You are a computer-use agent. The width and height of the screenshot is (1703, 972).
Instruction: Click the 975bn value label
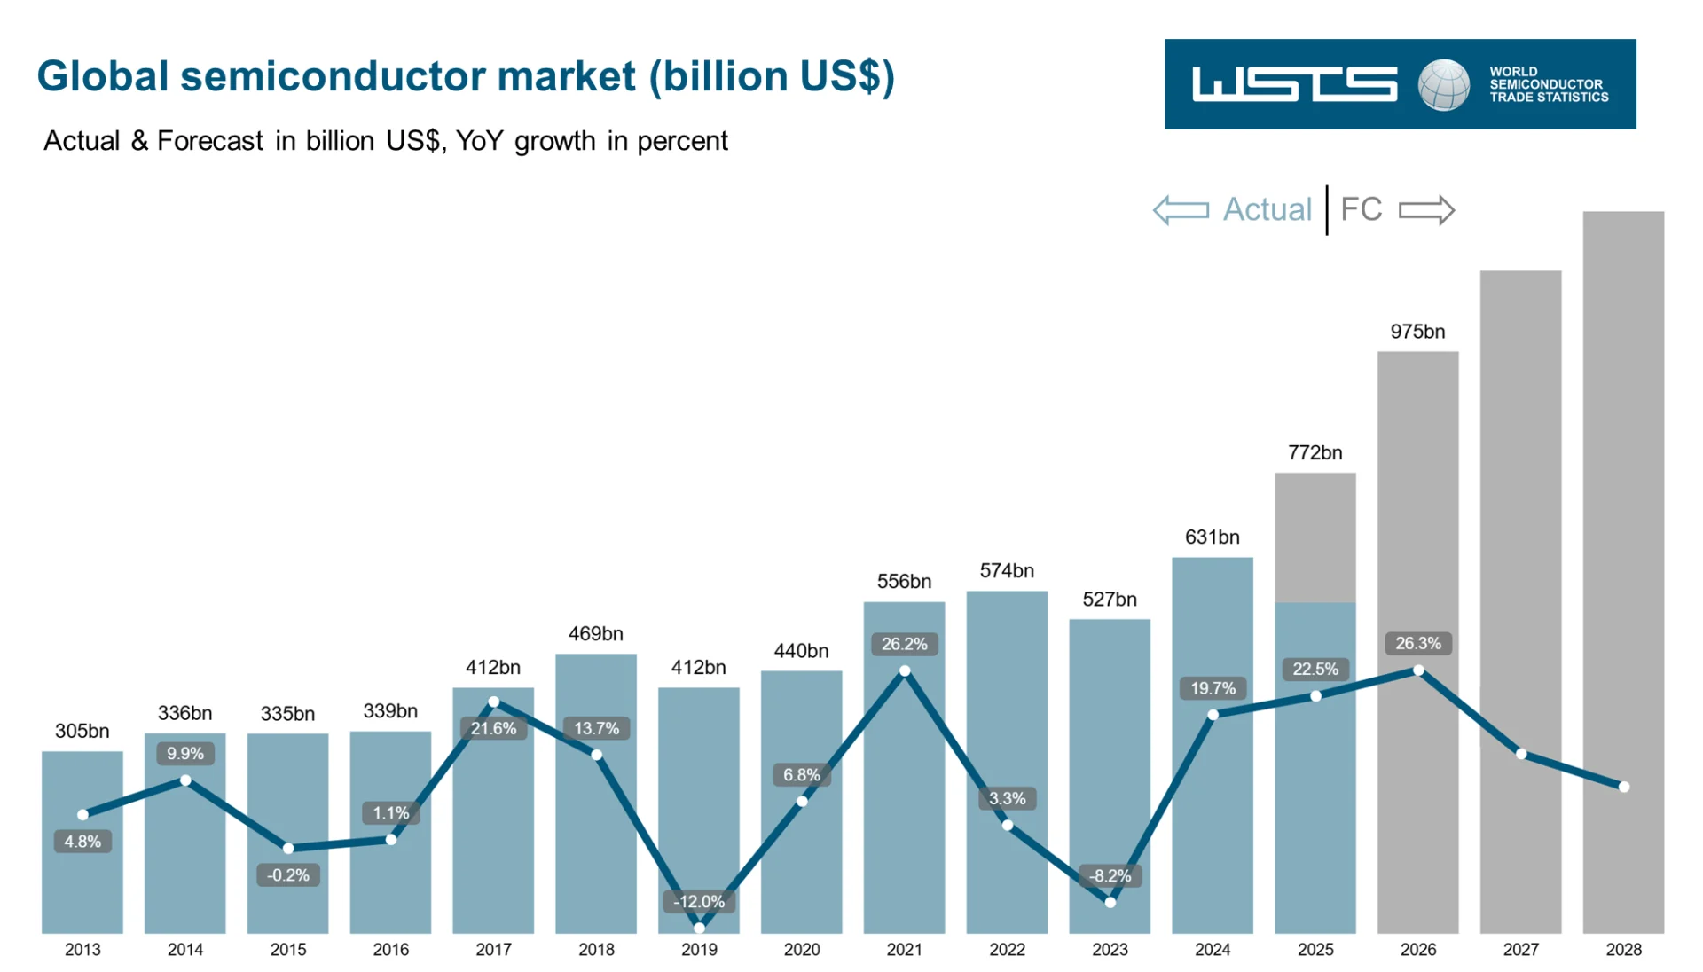(1417, 332)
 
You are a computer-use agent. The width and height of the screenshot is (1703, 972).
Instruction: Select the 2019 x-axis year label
(699, 949)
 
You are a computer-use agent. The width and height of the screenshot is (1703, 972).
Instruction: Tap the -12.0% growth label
(699, 901)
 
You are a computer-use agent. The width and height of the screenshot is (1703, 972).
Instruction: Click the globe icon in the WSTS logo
(1443, 85)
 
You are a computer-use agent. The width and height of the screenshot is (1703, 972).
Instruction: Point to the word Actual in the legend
(1266, 209)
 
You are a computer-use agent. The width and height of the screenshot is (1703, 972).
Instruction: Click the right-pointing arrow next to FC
(1426, 210)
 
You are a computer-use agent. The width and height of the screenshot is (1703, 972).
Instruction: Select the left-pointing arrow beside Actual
(1181, 210)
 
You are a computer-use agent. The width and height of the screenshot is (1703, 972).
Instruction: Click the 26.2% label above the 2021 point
(904, 644)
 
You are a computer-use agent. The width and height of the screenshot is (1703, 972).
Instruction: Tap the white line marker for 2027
(1520, 754)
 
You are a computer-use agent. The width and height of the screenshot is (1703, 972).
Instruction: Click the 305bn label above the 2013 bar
(82, 731)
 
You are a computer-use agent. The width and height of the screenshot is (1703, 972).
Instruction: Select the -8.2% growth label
(1110, 875)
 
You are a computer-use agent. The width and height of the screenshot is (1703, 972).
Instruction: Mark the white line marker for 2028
(1623, 787)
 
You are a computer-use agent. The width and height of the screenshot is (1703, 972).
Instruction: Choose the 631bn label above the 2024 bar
(1212, 537)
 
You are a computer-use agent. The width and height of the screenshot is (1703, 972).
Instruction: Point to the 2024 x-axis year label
(1212, 949)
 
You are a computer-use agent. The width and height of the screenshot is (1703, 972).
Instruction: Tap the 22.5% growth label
(1315, 669)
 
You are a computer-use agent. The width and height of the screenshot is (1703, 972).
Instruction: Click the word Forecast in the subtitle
(210, 141)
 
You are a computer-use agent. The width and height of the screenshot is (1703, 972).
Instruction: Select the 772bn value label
(1315, 452)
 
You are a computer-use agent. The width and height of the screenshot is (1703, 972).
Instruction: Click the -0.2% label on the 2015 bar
(287, 875)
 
